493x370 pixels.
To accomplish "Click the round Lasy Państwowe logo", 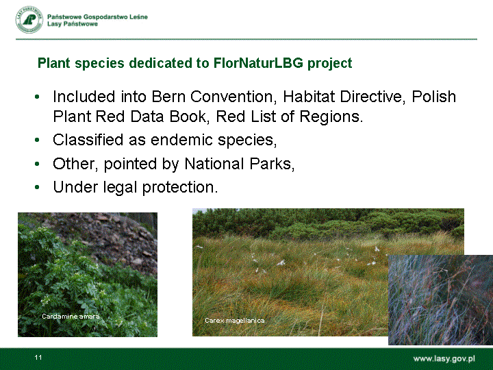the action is click(x=29, y=19).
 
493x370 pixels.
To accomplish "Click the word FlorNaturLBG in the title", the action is click(x=258, y=63).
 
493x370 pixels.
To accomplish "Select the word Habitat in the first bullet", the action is click(x=309, y=97).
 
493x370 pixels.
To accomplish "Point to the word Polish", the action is click(x=434, y=97).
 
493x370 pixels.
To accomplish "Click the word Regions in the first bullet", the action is click(x=331, y=116).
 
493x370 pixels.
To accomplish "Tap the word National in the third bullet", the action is click(x=214, y=164).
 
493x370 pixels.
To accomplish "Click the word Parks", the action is click(x=272, y=164).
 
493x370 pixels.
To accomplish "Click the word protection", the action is click(x=180, y=187).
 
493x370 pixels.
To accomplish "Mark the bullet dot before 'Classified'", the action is click(x=37, y=139).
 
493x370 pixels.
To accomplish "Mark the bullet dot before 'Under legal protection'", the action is click(x=37, y=187).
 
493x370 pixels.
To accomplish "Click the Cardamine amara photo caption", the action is click(x=71, y=316).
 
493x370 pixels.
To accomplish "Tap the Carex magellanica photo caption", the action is click(x=235, y=321).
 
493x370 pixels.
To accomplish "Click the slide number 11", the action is click(x=38, y=358).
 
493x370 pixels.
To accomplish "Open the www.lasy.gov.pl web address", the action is click(x=444, y=359).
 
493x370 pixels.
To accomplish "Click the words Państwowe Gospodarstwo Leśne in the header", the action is click(x=97, y=17).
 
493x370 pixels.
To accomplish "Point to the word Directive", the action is click(x=373, y=97).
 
